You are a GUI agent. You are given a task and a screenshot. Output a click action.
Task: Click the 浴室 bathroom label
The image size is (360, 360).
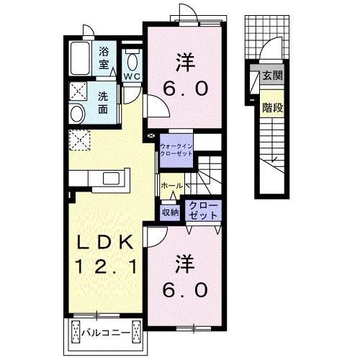(104, 58)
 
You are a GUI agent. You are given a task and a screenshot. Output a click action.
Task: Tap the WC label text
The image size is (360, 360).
(132, 76)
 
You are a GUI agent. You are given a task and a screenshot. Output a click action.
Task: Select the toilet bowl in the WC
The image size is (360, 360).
(132, 62)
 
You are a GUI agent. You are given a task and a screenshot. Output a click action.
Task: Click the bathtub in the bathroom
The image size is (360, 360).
(81, 58)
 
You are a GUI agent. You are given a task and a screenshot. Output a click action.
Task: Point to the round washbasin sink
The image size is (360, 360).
(77, 114)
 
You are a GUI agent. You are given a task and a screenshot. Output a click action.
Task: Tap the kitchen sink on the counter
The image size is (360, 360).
(112, 179)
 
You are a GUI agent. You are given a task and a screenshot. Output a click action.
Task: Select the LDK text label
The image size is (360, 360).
(104, 242)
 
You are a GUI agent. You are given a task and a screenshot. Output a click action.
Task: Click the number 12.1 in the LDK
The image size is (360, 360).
(106, 267)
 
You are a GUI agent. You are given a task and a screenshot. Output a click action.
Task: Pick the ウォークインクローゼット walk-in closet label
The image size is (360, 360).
(176, 150)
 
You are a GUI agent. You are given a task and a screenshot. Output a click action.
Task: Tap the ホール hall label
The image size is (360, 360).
(172, 186)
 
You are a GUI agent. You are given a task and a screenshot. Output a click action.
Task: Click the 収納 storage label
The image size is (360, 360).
(170, 212)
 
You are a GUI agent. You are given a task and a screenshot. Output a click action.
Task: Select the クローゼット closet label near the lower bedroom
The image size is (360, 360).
(203, 211)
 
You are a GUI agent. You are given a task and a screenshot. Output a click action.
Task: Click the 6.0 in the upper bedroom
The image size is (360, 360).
(185, 89)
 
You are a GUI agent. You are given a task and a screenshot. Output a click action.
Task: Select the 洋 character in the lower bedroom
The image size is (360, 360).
(185, 264)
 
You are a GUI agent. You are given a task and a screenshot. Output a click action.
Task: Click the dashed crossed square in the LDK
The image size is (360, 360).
(79, 140)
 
